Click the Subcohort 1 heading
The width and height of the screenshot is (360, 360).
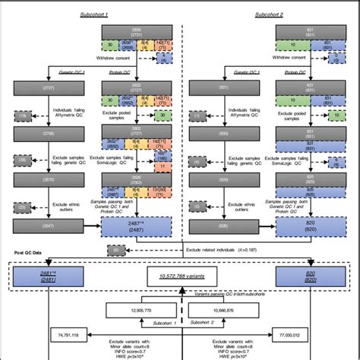(94, 15)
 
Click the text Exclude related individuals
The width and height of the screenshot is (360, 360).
(210, 248)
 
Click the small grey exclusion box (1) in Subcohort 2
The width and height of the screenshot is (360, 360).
(199, 115)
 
